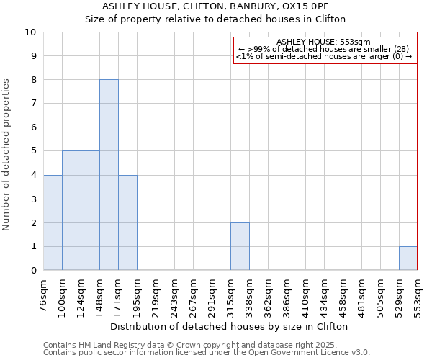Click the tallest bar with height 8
point(109,175)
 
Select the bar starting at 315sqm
point(240,246)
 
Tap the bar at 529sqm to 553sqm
point(408,258)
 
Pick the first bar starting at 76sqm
point(53,222)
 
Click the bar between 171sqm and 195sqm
point(127,222)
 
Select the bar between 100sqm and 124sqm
point(71,210)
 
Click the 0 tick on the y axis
point(33,271)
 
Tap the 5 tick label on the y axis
point(33,151)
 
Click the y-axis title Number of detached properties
point(7,155)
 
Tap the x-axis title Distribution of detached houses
point(230,326)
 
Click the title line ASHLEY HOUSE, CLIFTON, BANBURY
point(215,6)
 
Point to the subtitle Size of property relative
point(215,19)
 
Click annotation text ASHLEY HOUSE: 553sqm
point(323,42)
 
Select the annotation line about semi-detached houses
point(324,56)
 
